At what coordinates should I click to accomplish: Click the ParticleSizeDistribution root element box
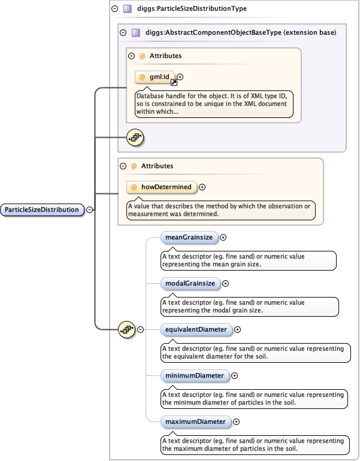coord(42,210)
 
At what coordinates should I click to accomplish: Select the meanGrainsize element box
coord(188,238)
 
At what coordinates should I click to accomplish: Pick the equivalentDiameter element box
coord(196,329)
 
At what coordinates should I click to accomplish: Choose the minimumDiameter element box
coord(194,376)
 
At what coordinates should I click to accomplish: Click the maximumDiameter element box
coord(195,421)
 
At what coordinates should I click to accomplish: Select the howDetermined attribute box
coord(161,187)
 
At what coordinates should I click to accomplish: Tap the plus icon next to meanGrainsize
coord(223,238)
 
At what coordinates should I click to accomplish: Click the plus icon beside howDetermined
coord(202,187)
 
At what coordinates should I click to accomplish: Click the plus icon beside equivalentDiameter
coord(237,329)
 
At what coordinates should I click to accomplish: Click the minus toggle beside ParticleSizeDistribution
coord(89,210)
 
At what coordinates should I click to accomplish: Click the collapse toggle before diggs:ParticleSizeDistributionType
coord(115,9)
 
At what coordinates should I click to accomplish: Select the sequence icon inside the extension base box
coord(135,137)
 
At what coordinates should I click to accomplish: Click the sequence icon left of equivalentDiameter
coord(127,329)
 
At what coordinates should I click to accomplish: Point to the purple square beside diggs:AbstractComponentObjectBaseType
coord(135,32)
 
